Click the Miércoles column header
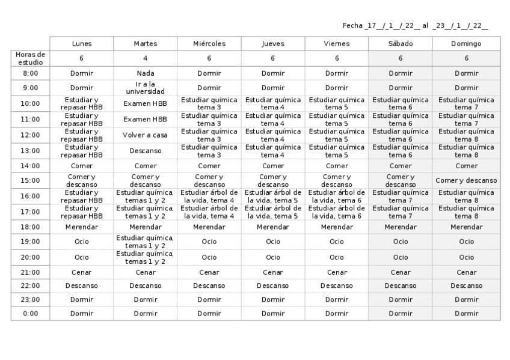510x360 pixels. [x=209, y=44]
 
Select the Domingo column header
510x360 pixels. [x=466, y=44]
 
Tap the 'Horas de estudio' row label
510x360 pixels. [x=30, y=58]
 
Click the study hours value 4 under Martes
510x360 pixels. [x=145, y=58]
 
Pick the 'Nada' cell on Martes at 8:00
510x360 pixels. [x=145, y=73]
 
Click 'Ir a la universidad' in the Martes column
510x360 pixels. [x=145, y=88]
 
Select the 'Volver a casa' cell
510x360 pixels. [x=145, y=135]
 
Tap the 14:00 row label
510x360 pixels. [x=30, y=166]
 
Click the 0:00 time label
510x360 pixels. [x=30, y=313]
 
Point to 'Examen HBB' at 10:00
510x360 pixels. [x=145, y=103]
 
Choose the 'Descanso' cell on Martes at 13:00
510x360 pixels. [x=145, y=151]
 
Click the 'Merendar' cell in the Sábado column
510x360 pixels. [x=401, y=227]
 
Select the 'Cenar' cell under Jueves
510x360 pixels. [x=273, y=272]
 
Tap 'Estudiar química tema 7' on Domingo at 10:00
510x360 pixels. [x=466, y=103]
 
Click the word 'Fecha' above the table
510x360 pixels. [x=352, y=26]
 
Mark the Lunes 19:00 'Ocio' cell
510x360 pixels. [x=81, y=242]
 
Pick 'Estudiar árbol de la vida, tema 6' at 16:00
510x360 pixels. [x=337, y=197]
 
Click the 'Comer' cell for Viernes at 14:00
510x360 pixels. [x=337, y=166]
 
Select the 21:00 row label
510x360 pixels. [x=30, y=272]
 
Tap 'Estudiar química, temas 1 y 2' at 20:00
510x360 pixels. [x=145, y=257]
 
